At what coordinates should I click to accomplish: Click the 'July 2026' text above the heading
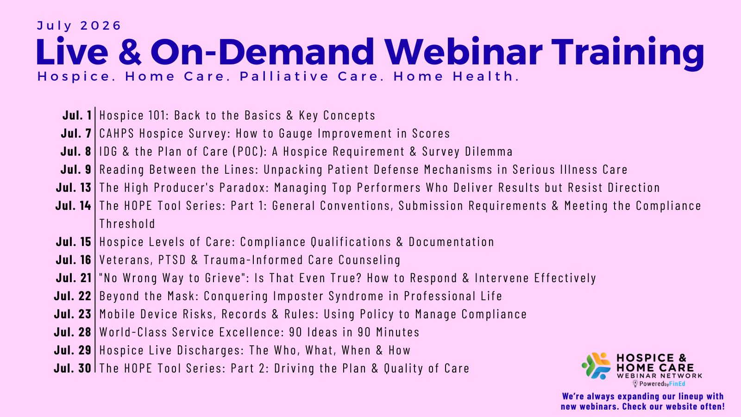(x=79, y=26)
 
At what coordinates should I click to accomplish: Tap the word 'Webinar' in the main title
(x=463, y=52)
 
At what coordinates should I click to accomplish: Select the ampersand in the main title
(x=130, y=52)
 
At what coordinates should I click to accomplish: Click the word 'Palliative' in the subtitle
(x=284, y=76)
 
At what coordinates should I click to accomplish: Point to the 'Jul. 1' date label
(x=77, y=115)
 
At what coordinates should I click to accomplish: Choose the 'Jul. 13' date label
(x=74, y=188)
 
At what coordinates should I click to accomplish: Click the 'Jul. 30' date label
(x=72, y=368)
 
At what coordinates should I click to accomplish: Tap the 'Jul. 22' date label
(x=72, y=296)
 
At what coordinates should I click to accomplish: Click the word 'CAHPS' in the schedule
(x=117, y=133)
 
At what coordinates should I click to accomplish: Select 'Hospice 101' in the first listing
(x=134, y=115)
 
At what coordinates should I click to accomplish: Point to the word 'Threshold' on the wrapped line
(x=127, y=224)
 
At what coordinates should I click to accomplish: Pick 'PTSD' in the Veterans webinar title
(x=172, y=260)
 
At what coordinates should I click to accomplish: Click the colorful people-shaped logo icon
(x=597, y=366)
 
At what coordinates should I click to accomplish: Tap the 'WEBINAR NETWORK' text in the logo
(x=659, y=376)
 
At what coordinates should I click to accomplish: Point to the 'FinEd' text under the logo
(x=677, y=384)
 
